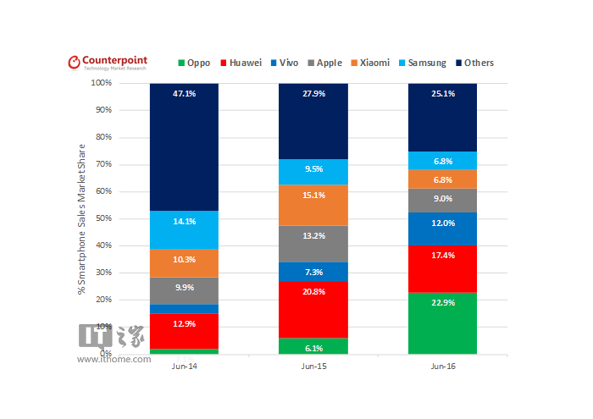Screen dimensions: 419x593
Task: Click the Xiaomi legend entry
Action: coord(369,63)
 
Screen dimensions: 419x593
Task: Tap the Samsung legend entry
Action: coord(421,63)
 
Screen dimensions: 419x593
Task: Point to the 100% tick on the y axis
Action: coord(101,83)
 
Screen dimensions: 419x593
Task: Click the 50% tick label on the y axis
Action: coord(103,218)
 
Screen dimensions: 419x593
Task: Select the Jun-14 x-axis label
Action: coord(184,367)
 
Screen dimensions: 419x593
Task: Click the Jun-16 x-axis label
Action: coord(442,367)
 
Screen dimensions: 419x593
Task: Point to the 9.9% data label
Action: coord(184,288)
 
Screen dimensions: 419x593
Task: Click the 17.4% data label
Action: coord(442,255)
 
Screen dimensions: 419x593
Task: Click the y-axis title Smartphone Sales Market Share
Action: coord(82,218)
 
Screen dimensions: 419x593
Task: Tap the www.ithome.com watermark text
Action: coord(114,359)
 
